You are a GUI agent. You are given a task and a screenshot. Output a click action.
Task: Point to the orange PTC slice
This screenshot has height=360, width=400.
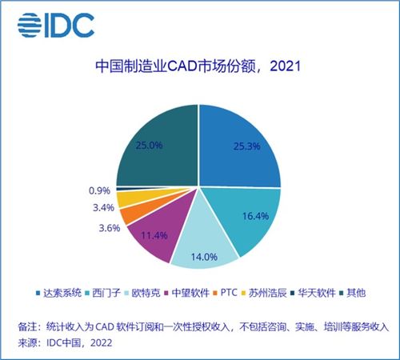129,214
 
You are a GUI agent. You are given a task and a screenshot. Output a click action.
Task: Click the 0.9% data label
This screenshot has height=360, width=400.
100,191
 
